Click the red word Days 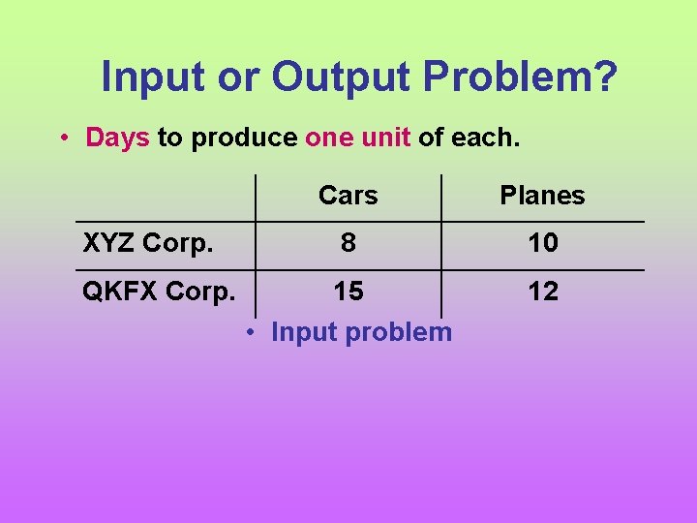[x=117, y=138]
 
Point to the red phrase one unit [x=357, y=138]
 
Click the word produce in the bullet [x=244, y=138]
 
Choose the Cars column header [x=348, y=196]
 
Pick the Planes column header [x=542, y=196]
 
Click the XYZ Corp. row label [x=148, y=243]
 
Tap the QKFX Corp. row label [x=158, y=292]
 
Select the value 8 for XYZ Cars [x=348, y=243]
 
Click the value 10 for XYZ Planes [x=542, y=243]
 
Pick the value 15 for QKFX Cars [x=348, y=292]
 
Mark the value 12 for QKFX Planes [x=542, y=292]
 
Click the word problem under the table [x=398, y=332]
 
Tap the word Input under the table [x=303, y=332]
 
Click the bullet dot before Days [x=62, y=138]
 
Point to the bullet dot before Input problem [x=250, y=332]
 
